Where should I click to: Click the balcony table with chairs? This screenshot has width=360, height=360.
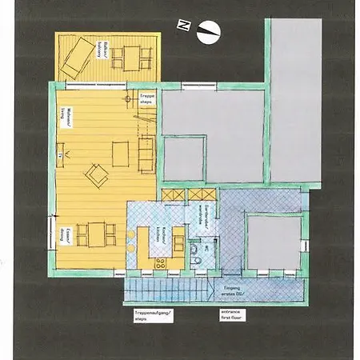(x=130, y=58)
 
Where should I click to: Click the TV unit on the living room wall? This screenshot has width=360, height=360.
(x=59, y=150)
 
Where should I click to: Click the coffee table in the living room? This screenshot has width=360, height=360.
(x=121, y=152)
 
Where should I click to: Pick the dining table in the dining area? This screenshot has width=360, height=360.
(x=97, y=234)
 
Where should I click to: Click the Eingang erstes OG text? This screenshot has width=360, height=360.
(x=233, y=290)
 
